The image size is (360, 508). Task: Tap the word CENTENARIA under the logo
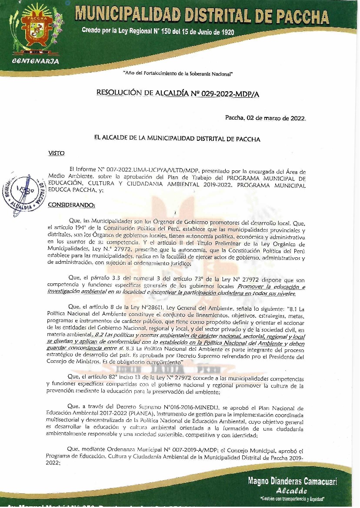click(x=36, y=61)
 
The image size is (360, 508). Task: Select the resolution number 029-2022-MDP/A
click(x=229, y=93)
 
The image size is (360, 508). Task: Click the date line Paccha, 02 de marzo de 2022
click(x=265, y=118)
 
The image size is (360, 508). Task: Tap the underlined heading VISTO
click(x=57, y=153)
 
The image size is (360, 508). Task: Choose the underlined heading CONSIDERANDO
click(x=71, y=205)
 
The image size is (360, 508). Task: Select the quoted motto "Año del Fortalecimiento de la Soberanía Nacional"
click(x=178, y=74)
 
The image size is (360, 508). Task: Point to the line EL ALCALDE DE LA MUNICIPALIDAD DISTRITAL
click(x=177, y=139)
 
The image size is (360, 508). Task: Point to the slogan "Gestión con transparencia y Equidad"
click(x=292, y=498)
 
